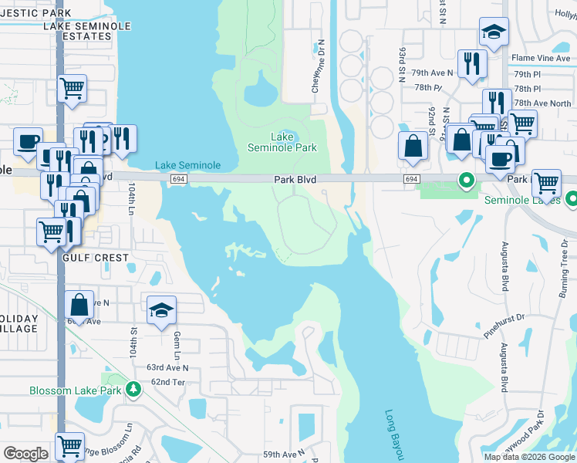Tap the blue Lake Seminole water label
[188, 165]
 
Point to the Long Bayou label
[390, 432]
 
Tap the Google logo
[25, 454]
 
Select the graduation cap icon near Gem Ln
[161, 310]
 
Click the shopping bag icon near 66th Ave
[79, 304]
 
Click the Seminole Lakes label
[521, 200]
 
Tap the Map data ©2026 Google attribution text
[529, 457]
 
